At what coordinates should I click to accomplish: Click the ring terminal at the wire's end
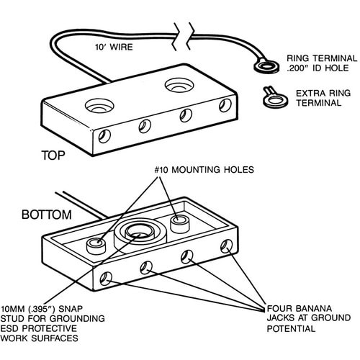click(266, 67)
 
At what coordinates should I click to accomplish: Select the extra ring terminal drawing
click(274, 99)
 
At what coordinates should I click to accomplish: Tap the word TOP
click(53, 156)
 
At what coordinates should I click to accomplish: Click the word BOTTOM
click(47, 215)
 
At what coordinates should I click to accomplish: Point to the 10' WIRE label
click(114, 47)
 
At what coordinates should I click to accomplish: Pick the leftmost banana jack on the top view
click(104, 136)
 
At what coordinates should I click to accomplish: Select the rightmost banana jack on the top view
click(225, 105)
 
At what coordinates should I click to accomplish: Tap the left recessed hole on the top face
click(99, 106)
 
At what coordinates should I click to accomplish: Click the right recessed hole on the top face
click(179, 85)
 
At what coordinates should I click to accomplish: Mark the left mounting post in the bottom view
click(96, 246)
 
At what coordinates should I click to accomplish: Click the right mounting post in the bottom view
click(180, 224)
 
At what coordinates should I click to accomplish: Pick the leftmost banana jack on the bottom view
click(106, 279)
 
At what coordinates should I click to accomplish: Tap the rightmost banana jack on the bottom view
click(226, 246)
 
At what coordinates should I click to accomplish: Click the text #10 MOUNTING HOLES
click(204, 170)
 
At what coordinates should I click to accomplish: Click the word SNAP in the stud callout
click(71, 308)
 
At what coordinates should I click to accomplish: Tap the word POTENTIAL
click(291, 328)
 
